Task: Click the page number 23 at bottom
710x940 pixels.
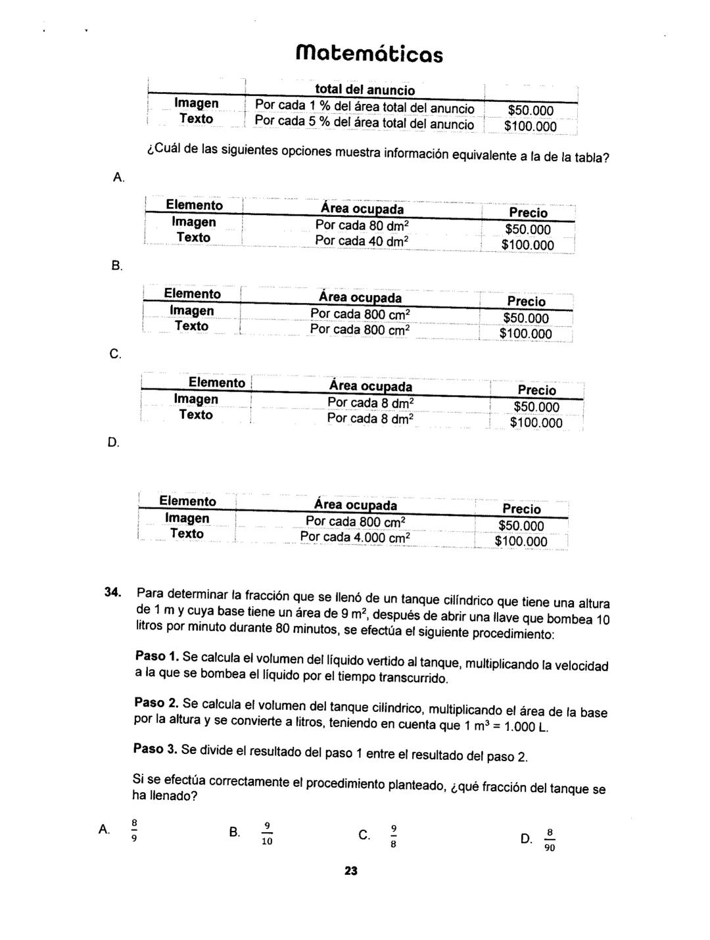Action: coord(350,871)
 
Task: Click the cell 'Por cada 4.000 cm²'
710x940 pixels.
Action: coord(355,538)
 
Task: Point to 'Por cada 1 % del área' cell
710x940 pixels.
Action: coord(364,107)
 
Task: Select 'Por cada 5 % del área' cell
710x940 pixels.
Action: coord(364,123)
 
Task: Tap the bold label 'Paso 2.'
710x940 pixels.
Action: coord(156,703)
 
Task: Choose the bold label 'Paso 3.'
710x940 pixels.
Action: coord(155,749)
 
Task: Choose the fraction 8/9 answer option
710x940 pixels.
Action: coord(134,830)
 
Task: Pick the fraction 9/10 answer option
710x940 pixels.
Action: coord(267,834)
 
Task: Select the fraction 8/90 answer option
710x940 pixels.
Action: coord(550,839)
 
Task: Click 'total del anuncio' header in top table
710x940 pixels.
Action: coord(365,90)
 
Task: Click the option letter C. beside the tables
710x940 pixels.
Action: coord(115,354)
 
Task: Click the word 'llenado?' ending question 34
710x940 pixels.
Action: coord(165,796)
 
